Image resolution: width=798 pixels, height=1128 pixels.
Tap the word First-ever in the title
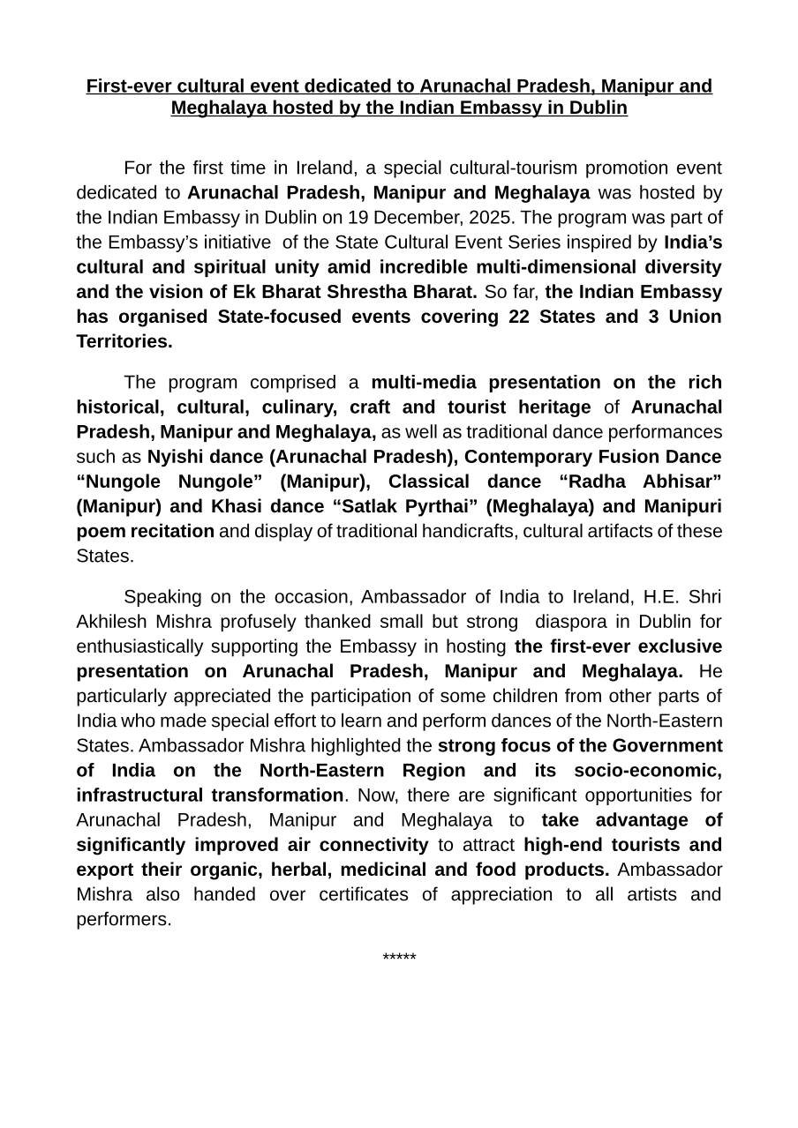[x=129, y=86]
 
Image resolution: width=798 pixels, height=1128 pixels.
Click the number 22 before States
[x=520, y=316]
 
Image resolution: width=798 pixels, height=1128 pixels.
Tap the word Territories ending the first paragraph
[x=124, y=340]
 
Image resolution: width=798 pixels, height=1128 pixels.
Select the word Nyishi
[x=174, y=456]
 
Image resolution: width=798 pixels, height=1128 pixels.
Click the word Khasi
[x=237, y=505]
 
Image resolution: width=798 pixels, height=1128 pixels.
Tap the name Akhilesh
[x=110, y=621]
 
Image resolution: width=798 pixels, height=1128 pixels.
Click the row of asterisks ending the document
[x=399, y=958]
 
